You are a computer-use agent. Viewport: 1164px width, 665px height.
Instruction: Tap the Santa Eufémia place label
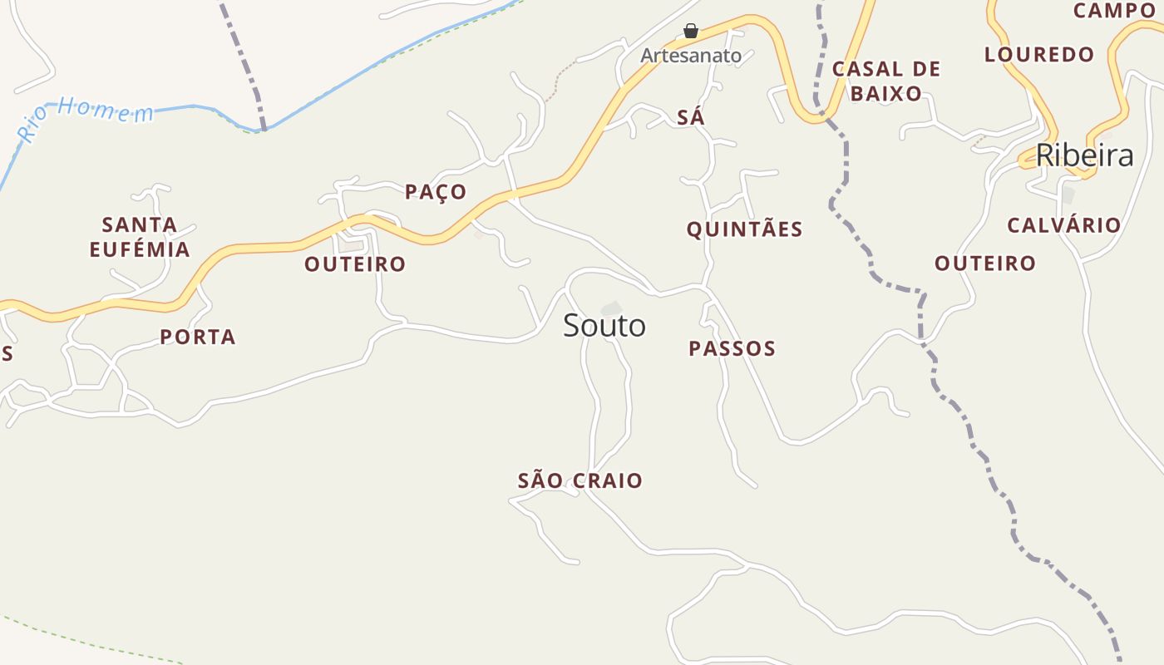140,237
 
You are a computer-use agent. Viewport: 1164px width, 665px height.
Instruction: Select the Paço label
436,192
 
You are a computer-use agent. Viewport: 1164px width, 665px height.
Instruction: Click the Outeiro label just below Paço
355,264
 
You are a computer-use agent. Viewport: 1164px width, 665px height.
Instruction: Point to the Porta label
198,337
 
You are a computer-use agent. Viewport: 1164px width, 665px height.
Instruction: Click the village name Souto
604,326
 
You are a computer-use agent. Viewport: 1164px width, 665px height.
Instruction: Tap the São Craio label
580,480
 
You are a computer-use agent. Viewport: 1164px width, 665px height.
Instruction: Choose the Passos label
732,348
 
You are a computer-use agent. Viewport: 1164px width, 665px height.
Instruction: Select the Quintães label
744,229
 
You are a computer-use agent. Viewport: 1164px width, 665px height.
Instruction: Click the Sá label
691,118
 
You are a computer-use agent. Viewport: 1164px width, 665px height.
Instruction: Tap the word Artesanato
690,56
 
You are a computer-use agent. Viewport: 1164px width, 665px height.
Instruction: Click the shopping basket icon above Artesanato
690,32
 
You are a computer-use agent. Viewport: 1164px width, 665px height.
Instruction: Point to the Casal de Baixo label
886,81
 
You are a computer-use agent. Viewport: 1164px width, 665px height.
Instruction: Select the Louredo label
1039,55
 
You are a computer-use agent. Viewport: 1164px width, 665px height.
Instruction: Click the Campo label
1114,11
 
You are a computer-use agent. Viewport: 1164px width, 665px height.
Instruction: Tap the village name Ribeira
1084,155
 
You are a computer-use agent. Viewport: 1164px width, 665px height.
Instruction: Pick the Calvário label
1064,225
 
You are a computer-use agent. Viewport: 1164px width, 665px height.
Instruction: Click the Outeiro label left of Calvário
985,264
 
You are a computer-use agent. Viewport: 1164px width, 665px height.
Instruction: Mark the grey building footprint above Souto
612,308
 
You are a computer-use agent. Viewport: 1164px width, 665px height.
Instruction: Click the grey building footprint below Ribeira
1068,195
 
